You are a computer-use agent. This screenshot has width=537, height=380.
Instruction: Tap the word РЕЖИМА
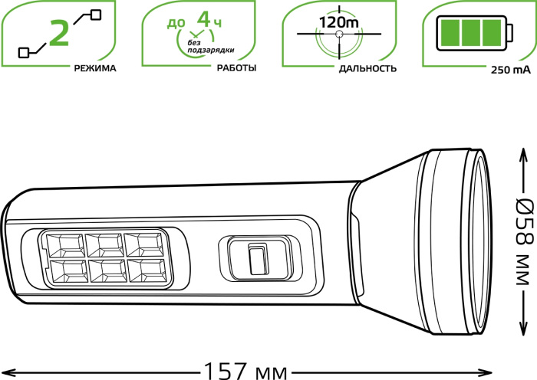tap(95, 68)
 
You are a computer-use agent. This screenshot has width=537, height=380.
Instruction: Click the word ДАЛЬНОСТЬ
tap(367, 68)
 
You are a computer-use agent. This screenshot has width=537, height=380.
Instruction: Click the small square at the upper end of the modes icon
tap(96, 13)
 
